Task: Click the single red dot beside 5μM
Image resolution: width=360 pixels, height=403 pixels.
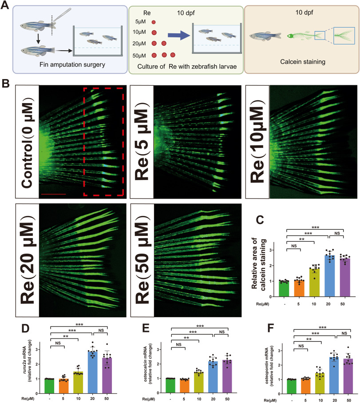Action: [154, 22]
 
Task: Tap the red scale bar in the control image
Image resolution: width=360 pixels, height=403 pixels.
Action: [52, 194]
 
